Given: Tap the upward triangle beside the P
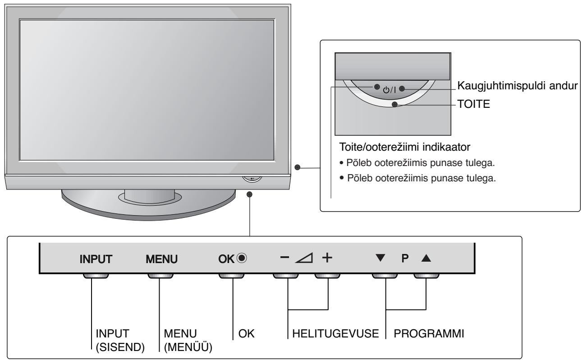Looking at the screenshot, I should click(426, 259).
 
